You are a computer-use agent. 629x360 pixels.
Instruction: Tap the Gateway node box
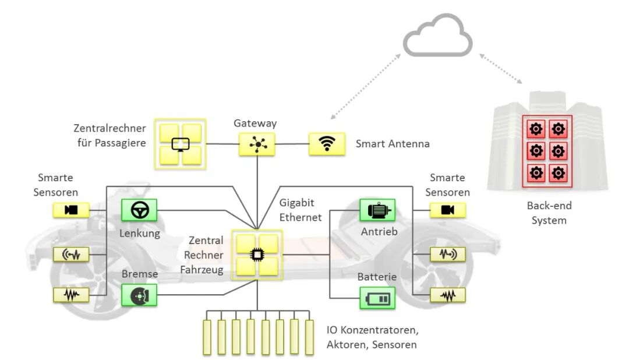[x=256, y=144]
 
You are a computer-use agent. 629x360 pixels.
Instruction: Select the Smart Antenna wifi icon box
[x=327, y=144]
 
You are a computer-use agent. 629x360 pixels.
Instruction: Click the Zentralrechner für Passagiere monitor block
[x=181, y=144]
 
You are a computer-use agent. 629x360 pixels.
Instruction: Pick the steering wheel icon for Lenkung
[x=139, y=210]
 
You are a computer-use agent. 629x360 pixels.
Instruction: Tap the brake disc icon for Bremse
[x=139, y=295]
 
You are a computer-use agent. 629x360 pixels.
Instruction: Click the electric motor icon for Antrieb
[x=377, y=210]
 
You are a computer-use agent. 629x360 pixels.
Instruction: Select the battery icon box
[x=377, y=298]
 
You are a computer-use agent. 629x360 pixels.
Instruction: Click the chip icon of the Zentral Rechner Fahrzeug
[x=256, y=255]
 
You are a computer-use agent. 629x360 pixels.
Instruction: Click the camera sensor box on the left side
[x=71, y=210]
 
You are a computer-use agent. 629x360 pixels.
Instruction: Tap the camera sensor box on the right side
[x=447, y=210]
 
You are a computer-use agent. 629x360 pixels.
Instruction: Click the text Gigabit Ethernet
[x=301, y=210]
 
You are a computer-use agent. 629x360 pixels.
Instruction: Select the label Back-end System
[x=549, y=213]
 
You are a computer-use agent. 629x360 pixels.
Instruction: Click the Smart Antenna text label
[x=393, y=143]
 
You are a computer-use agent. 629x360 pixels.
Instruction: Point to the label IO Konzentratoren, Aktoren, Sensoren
[x=372, y=337]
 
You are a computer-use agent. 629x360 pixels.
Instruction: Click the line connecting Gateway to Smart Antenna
[x=291, y=144]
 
